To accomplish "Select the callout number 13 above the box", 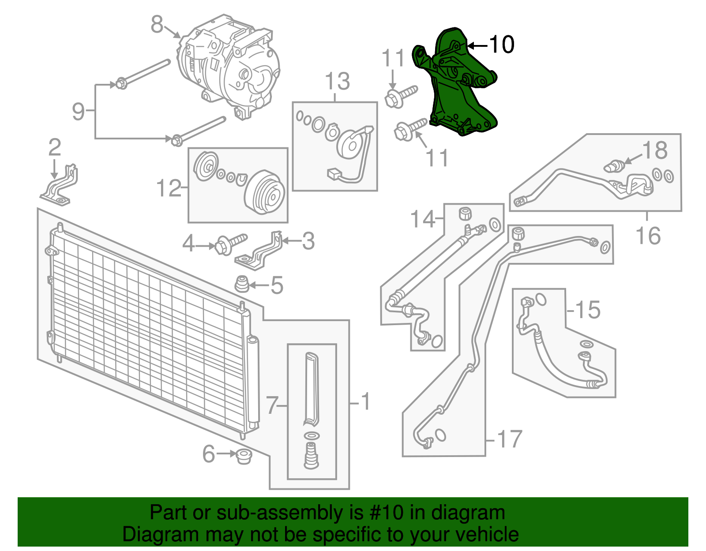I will (338, 82).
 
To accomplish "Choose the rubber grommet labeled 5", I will (241, 285).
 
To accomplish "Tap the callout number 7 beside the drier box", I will (272, 405).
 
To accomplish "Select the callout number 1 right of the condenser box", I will (365, 401).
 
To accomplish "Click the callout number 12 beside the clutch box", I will (169, 188).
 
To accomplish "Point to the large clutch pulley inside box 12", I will (265, 193).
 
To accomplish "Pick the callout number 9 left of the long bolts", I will (78, 111).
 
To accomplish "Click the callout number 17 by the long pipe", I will (510, 439).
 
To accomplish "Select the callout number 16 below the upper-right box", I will (648, 236).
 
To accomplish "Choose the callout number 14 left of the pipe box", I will (423, 219).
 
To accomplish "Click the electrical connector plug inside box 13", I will (333, 174).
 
